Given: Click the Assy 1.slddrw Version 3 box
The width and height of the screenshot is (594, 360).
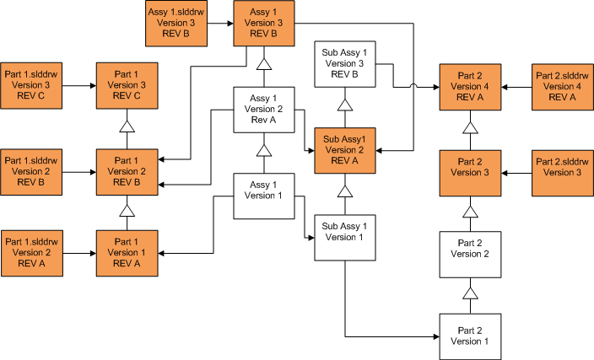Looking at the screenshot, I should pyautogui.click(x=175, y=24).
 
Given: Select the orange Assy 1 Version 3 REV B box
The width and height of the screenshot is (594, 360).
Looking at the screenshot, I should pyautogui.click(x=263, y=24).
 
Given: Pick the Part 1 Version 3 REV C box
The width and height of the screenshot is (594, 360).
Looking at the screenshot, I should pyautogui.click(x=127, y=85).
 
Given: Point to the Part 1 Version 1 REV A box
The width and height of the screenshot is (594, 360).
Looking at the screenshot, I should pyautogui.click(x=127, y=252).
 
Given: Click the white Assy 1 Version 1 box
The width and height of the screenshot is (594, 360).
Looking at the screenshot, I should pyautogui.click(x=263, y=194).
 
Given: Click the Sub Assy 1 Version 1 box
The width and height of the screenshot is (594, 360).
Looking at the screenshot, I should pyautogui.click(x=344, y=237).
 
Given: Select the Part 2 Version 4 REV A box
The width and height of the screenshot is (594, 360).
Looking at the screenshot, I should pyautogui.click(x=471, y=85).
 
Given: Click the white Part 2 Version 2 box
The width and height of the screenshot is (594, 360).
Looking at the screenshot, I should pyautogui.click(x=471, y=253).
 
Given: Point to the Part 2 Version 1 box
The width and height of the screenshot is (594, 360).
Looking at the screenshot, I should pyautogui.click(x=471, y=336).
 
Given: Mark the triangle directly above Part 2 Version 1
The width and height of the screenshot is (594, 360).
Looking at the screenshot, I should pyautogui.click(x=471, y=293).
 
